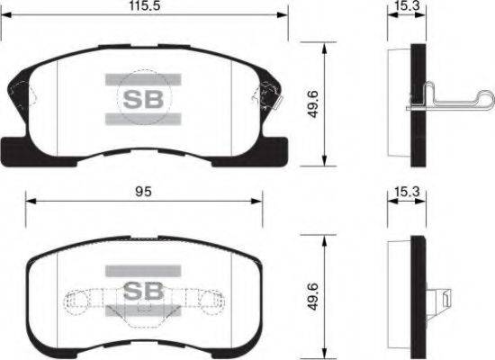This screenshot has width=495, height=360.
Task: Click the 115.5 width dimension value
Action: pyautogui.click(x=145, y=6)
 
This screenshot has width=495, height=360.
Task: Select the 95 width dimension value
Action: pyautogui.click(x=143, y=192)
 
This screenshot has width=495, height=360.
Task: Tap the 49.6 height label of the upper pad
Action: pyautogui.click(x=313, y=103)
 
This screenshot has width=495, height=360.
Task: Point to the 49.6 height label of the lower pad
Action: pyautogui.click(x=313, y=297)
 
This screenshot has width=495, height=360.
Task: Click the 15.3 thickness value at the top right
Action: pyautogui.click(x=407, y=5)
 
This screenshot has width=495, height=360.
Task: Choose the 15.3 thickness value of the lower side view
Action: pyautogui.click(x=407, y=192)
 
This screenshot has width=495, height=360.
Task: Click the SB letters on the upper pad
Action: pyautogui.click(x=143, y=100)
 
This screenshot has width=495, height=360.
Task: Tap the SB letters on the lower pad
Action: pyautogui.click(x=143, y=291)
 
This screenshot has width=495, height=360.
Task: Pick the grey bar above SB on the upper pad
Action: pyautogui.click(x=143, y=79)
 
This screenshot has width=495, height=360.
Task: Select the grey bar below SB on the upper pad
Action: pyautogui.click(x=143, y=119)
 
